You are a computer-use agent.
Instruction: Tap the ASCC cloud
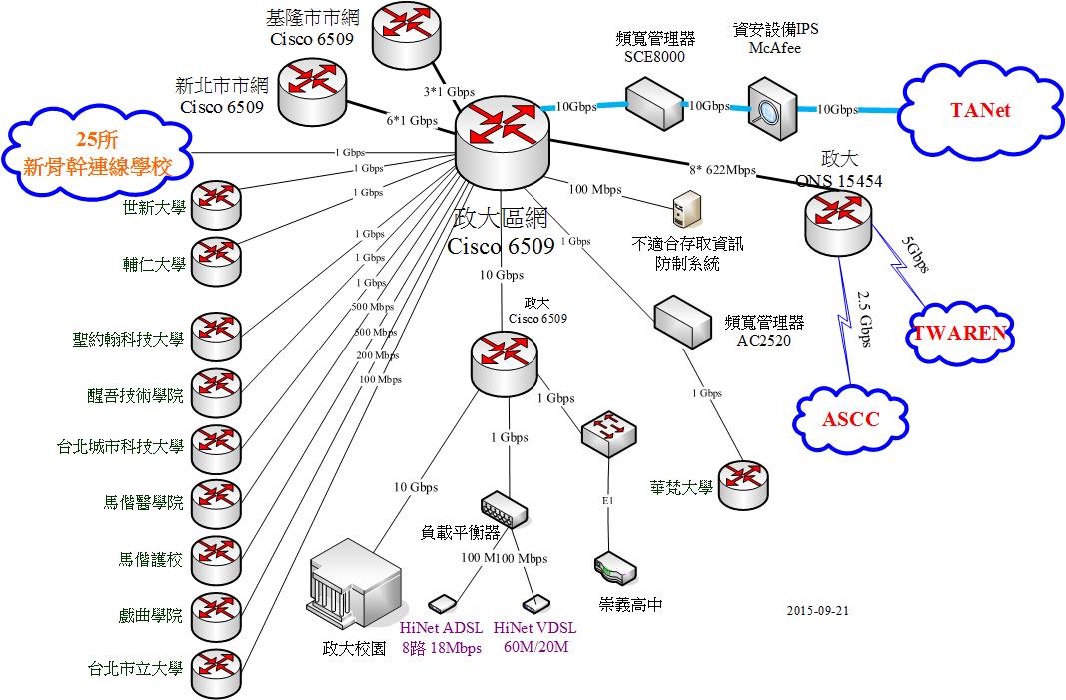[x=850, y=418]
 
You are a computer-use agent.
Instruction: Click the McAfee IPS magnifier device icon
[x=771, y=111]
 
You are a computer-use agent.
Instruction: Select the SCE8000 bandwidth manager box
[x=654, y=102]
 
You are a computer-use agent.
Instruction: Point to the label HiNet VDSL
[x=534, y=628]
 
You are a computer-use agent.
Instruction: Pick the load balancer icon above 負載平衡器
[x=504, y=510]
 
